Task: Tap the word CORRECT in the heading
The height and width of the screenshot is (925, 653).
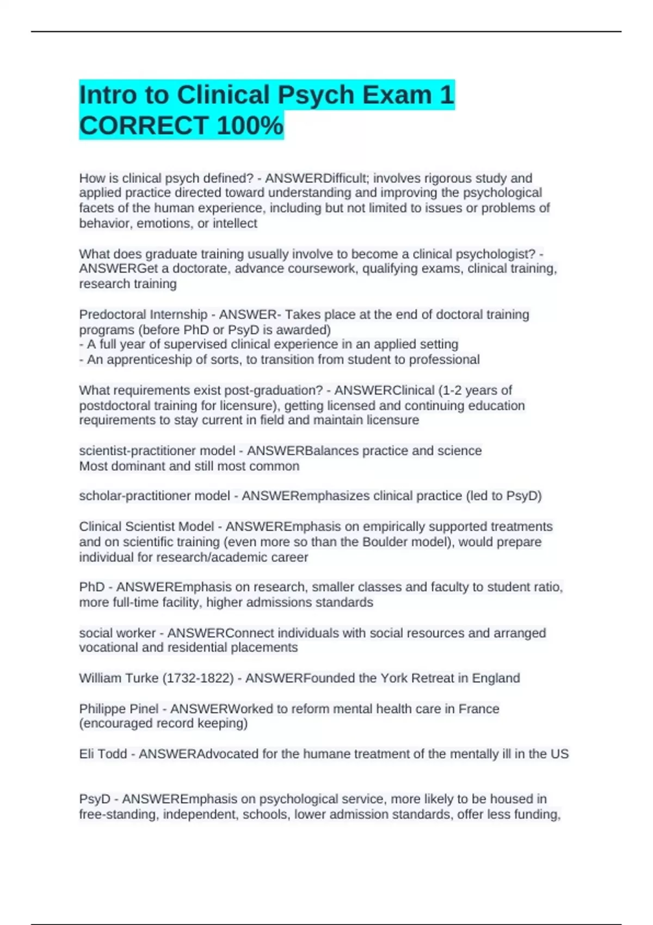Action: (x=144, y=125)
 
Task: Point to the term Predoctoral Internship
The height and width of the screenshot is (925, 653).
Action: (x=143, y=314)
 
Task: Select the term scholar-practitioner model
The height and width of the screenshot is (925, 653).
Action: (x=155, y=496)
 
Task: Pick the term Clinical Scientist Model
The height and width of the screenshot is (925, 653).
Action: (x=146, y=527)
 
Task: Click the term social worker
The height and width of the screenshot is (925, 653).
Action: (x=117, y=633)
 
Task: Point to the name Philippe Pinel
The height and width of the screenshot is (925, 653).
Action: (x=119, y=708)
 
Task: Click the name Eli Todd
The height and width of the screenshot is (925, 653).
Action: (x=103, y=754)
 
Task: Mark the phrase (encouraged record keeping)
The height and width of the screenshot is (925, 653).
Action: (x=163, y=723)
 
